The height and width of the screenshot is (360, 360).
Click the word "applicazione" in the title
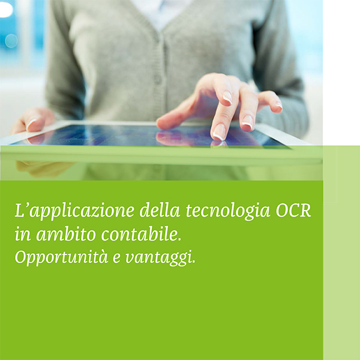coord(82,211)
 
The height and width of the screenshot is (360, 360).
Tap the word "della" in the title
coord(160,210)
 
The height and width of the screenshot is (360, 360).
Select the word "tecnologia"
coord(228,211)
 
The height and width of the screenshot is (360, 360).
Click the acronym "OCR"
coord(293,211)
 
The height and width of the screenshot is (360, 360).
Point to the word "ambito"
coord(66,234)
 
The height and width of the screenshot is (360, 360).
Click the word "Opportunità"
coord(61,258)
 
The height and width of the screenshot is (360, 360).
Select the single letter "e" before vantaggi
coord(116,259)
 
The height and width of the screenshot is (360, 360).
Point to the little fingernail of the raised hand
coord(279,105)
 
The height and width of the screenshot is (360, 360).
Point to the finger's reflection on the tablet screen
coord(218,143)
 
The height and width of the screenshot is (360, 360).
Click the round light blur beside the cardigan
coord(11,41)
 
